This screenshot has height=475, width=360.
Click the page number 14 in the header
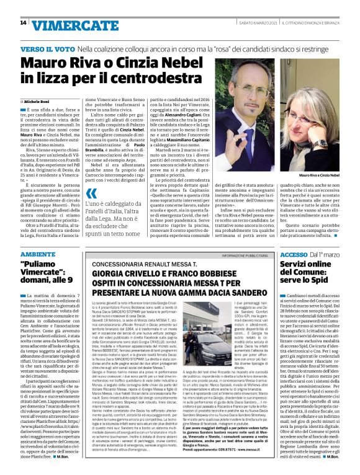click(x=23, y=23)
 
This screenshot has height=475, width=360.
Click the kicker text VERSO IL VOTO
click(x=43, y=48)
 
